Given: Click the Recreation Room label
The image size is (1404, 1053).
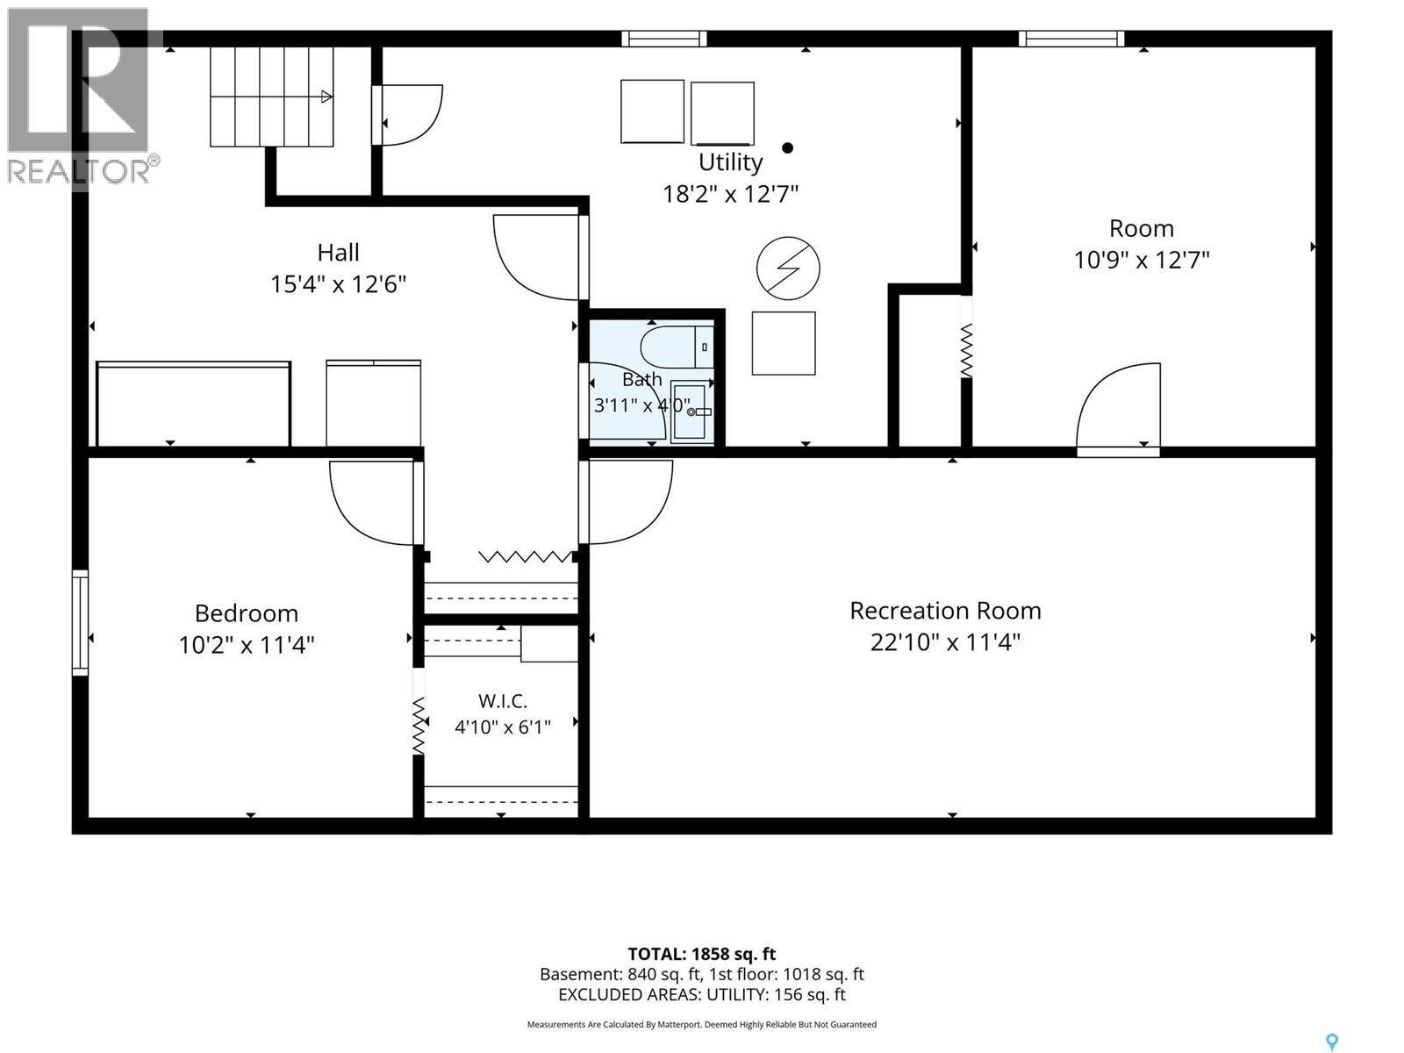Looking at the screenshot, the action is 945,611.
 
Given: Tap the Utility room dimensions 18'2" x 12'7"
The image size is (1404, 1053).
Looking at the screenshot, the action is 730,193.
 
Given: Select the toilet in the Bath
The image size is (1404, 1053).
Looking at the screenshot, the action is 677,347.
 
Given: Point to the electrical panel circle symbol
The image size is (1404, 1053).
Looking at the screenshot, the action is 787,268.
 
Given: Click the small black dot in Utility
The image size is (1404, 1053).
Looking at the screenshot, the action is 787,147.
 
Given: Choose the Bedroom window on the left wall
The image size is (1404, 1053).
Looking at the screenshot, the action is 80,622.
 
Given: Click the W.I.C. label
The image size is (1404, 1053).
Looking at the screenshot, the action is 502,701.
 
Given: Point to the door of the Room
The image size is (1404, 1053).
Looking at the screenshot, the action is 1118,409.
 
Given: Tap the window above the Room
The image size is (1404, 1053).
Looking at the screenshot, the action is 1071,39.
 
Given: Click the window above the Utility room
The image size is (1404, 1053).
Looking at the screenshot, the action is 664,39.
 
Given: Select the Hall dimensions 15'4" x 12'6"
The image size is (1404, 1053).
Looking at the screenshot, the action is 338,283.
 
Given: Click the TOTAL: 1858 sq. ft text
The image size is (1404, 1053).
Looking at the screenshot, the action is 702,954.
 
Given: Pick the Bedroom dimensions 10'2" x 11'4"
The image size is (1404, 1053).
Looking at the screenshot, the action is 247,644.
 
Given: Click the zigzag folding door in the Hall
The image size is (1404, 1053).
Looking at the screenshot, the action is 526,557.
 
